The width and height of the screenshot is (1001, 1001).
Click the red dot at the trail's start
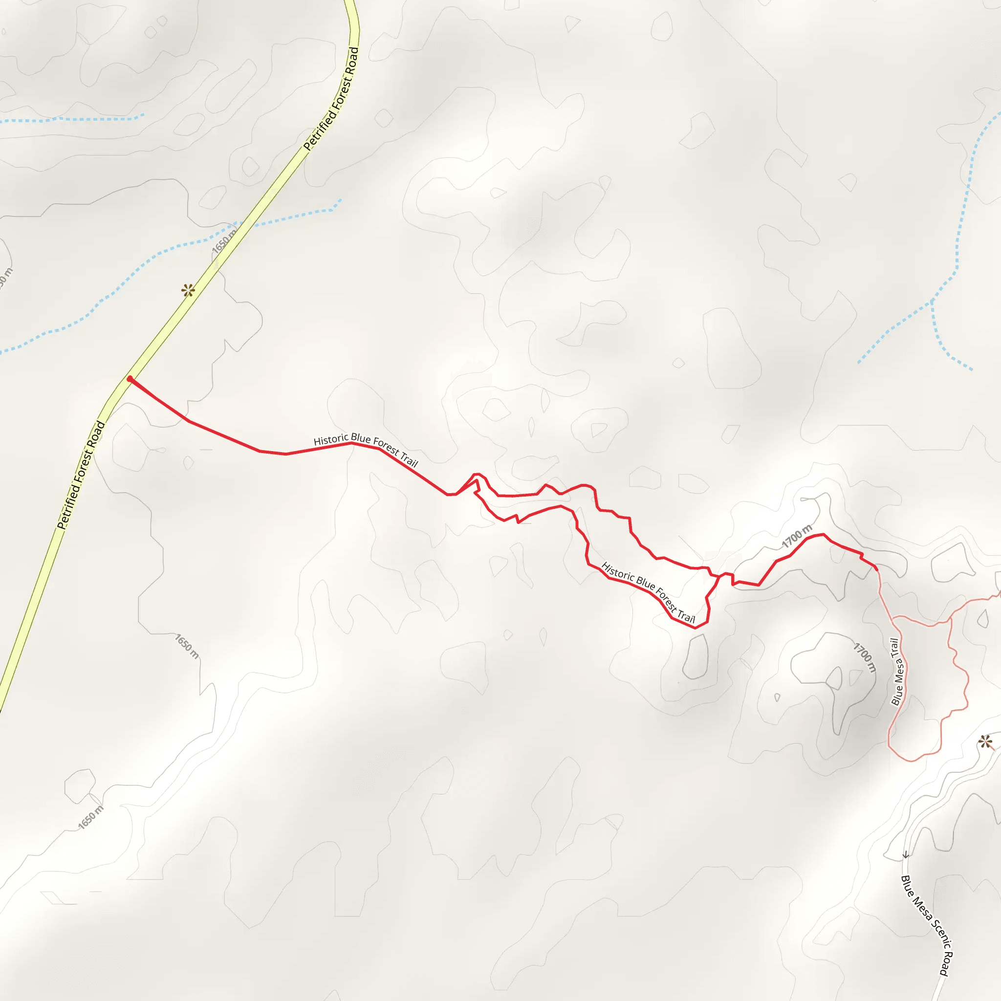click(130, 379)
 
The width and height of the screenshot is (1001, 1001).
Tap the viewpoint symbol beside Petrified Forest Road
click(188, 290)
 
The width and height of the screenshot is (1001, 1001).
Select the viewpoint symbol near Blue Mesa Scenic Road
click(985, 742)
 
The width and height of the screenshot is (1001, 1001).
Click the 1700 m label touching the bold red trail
click(797, 536)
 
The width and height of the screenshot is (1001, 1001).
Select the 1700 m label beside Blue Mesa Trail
click(865, 657)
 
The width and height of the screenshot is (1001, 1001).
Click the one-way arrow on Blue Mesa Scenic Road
click(906, 855)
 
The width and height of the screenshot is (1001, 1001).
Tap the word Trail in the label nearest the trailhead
click(409, 458)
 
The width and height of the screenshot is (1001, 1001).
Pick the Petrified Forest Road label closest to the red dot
click(81, 475)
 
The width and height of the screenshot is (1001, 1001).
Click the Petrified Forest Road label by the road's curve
click(331, 98)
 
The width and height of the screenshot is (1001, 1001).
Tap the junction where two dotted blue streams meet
click(933, 300)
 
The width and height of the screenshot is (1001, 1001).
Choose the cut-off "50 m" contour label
click(5, 278)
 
